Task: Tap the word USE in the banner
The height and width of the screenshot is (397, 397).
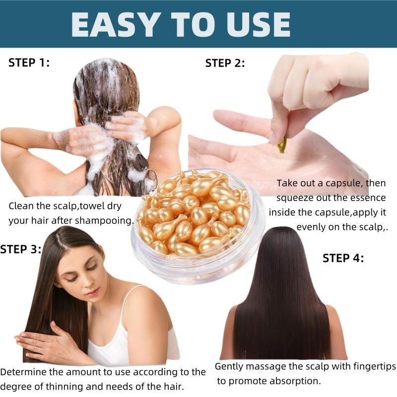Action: pyautogui.click(x=258, y=24)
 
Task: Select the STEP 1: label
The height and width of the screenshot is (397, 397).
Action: pyautogui.click(x=29, y=63)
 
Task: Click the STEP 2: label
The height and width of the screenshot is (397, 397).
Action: pyautogui.click(x=225, y=63)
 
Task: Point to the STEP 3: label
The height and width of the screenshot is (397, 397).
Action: pyautogui.click(x=20, y=249)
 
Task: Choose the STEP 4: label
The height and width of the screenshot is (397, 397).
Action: pyautogui.click(x=343, y=258)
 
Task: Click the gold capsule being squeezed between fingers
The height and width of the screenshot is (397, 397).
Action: pyautogui.click(x=281, y=144)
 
